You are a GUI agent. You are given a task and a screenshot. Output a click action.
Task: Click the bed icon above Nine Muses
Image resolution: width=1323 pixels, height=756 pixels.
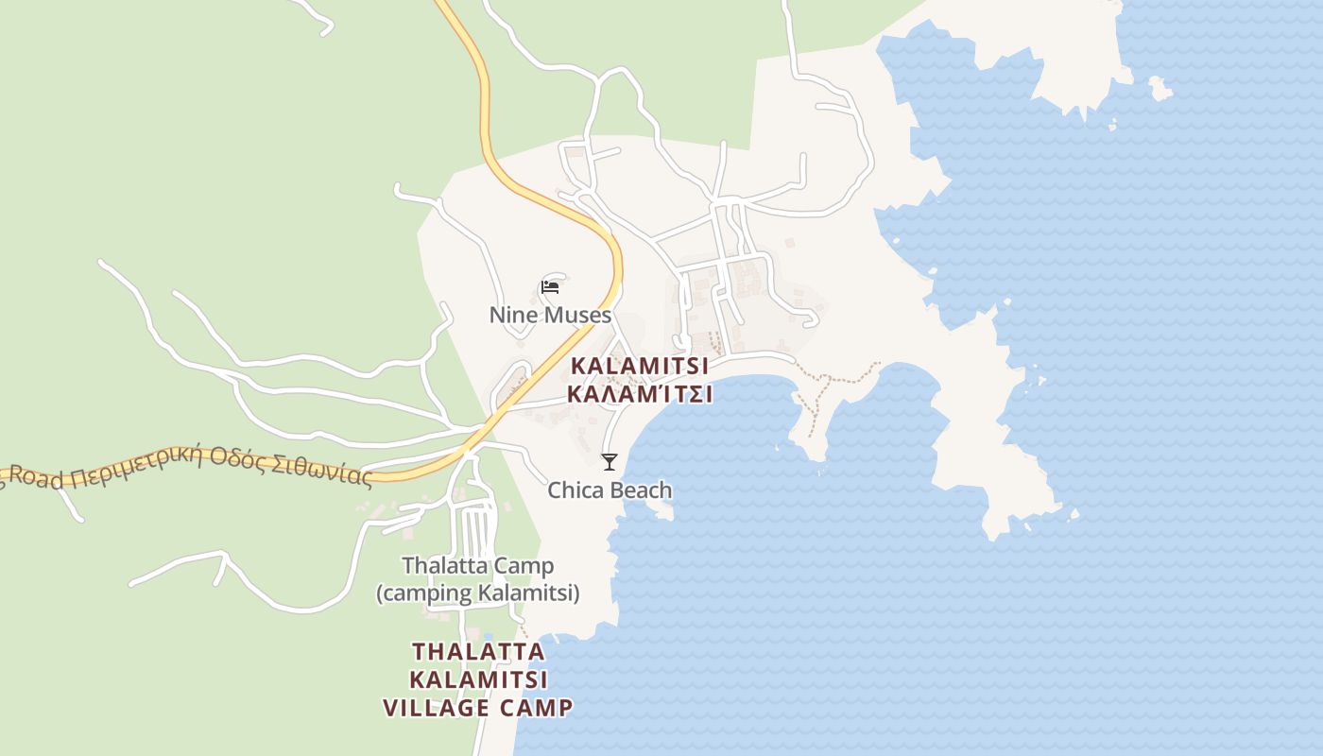pyautogui.click(x=550, y=287)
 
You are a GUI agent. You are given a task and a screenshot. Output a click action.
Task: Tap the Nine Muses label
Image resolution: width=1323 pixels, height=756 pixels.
pyautogui.click(x=550, y=315)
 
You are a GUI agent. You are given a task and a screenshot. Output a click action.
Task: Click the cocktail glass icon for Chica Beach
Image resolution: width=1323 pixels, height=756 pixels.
pyautogui.click(x=610, y=461)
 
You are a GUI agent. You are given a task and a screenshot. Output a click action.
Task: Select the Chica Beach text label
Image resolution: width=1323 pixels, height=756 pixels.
pyautogui.click(x=610, y=490)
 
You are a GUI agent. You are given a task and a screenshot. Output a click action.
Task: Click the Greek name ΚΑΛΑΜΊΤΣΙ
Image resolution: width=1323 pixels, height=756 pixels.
pyautogui.click(x=640, y=394)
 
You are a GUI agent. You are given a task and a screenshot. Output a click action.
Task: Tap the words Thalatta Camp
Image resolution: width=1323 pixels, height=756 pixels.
pyautogui.click(x=477, y=566)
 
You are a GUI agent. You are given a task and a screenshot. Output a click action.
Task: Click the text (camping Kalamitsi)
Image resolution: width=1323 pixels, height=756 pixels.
pyautogui.click(x=477, y=593)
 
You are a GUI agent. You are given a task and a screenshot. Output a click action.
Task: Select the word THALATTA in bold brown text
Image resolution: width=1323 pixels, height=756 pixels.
pyautogui.click(x=478, y=652)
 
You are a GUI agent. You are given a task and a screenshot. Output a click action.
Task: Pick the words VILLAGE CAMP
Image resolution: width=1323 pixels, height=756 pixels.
pyautogui.click(x=478, y=708)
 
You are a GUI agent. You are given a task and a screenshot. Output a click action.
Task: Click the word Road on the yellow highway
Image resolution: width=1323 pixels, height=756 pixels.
pyautogui.click(x=39, y=479)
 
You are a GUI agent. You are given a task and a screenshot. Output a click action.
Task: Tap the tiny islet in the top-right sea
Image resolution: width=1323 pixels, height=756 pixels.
pyautogui.click(x=1160, y=89)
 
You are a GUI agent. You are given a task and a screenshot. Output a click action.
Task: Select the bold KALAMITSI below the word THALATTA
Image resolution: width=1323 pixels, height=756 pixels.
pyautogui.click(x=478, y=679)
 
